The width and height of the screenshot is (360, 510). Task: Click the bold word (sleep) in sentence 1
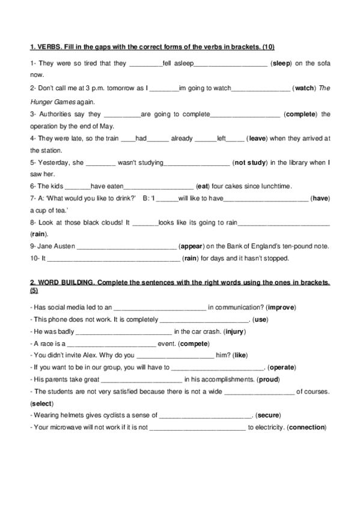click(282, 63)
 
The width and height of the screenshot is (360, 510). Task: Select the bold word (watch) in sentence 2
click(304, 88)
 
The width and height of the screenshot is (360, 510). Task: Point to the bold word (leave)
click(258, 138)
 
